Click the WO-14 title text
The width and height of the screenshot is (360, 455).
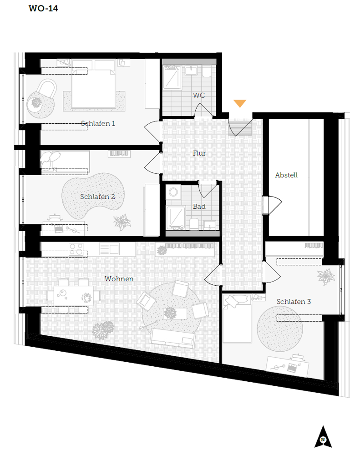[x=43, y=8]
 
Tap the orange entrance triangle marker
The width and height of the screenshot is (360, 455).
[x=240, y=103]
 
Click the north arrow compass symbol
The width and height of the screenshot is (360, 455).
[x=323, y=437]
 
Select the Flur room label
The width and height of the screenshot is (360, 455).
[x=199, y=153]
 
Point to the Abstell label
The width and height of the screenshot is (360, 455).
[x=286, y=175]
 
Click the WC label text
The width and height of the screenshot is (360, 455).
[x=199, y=95]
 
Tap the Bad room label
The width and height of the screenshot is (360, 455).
[x=199, y=206]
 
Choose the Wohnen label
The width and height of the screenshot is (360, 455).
[x=119, y=279]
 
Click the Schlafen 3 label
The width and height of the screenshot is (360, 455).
[x=294, y=302]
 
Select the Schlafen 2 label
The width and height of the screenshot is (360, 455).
[x=97, y=197]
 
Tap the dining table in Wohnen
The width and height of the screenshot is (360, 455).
[x=74, y=296]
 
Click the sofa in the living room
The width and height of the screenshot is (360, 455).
[x=172, y=338]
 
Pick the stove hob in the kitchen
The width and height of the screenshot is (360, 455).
[x=76, y=249]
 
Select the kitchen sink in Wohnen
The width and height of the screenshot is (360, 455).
[x=109, y=249]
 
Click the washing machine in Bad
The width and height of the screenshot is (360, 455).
[x=173, y=192]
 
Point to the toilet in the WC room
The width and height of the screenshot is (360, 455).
[x=207, y=72]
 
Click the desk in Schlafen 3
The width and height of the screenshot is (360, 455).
[x=288, y=367]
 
